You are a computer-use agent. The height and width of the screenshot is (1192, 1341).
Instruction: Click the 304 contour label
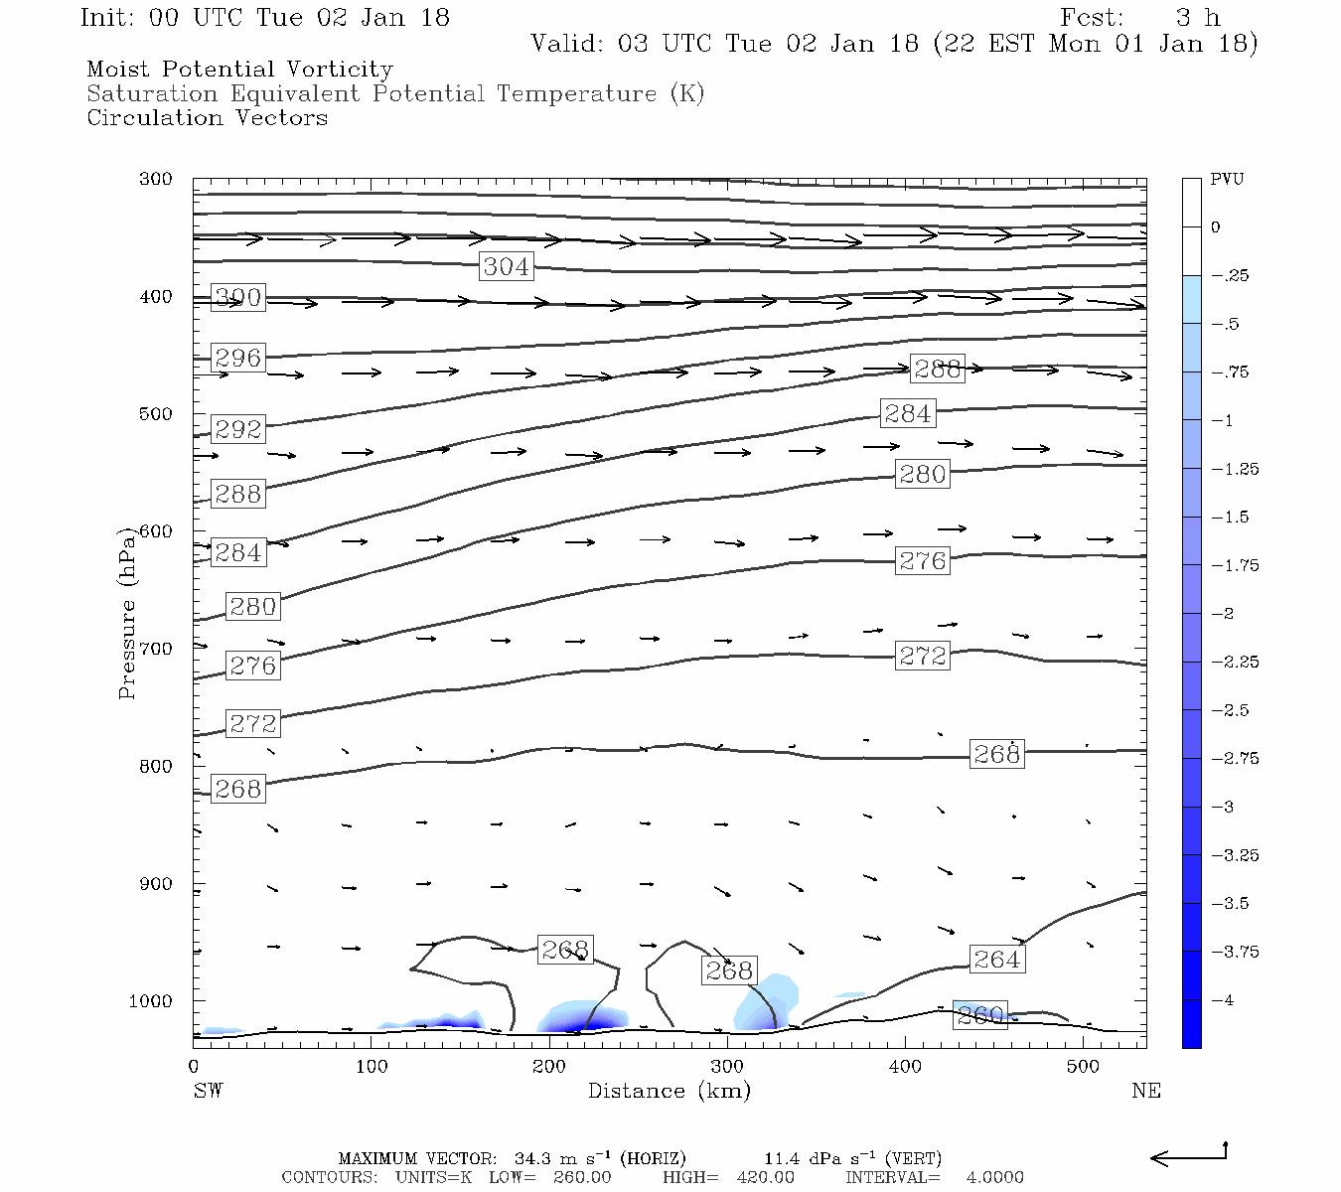pos(507,266)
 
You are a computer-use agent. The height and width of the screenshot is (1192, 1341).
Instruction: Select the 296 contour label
pos(238,358)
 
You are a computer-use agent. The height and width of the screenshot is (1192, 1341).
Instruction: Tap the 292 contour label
pos(238,429)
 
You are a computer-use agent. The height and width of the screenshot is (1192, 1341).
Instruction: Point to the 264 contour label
pos(996,960)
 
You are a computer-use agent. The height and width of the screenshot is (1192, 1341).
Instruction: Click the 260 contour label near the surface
pos(980,1015)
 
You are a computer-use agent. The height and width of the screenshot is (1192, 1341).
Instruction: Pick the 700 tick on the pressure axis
pos(156,649)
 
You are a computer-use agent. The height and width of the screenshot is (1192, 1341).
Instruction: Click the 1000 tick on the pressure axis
pos(151,1001)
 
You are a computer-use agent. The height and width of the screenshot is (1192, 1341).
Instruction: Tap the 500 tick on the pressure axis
pos(156,414)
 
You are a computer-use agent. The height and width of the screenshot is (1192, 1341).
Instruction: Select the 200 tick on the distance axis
pos(549,1067)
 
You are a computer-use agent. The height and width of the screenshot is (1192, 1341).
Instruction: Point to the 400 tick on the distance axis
pos(905,1067)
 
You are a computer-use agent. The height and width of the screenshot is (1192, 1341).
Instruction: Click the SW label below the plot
pos(208,1091)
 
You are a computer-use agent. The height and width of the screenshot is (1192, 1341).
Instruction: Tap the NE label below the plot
pos(1145,1091)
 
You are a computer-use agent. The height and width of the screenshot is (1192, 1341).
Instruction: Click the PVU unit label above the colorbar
pos(1227,180)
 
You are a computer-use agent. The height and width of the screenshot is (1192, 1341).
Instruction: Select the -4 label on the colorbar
pos(1224,1000)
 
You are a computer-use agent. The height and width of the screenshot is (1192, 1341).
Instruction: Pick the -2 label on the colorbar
pos(1224,614)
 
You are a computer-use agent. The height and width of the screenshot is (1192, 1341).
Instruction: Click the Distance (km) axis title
pos(669,1091)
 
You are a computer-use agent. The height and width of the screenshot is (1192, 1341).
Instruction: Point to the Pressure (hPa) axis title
pos(126,614)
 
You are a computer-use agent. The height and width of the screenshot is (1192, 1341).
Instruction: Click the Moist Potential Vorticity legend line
pos(239,70)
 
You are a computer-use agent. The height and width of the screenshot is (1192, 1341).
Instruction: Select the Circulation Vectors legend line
pos(207,118)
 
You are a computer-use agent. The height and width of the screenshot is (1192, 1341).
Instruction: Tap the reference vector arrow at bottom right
pos(1188,1155)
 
